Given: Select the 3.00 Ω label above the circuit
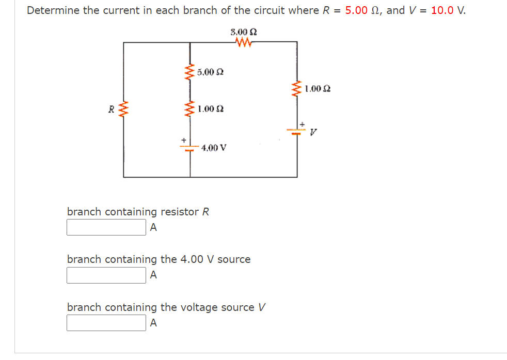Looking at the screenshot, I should tap(244, 32).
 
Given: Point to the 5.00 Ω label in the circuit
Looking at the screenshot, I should tap(210, 72).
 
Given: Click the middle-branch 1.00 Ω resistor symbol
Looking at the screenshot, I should tap(189, 109).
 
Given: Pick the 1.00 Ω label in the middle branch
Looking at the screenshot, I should tap(210, 109).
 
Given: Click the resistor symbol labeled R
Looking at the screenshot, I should tap(123, 109).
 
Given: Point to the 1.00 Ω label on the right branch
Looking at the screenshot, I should tap(318, 89).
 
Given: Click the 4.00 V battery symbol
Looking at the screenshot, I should tap(189, 145).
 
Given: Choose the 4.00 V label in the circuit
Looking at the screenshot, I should tap(214, 147).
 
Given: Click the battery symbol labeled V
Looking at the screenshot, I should tap(297, 127).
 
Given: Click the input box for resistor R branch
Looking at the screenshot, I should tap(106, 227).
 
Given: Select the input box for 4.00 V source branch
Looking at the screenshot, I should tap(106, 275).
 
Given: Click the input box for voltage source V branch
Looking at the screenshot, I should tap(106, 323).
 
